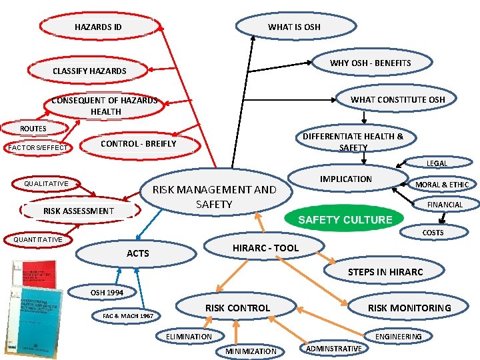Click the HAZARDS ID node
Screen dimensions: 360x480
(99, 27)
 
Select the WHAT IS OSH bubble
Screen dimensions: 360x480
(294, 27)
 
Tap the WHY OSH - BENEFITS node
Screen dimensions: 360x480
(371, 63)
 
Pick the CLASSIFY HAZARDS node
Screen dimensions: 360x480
(89, 71)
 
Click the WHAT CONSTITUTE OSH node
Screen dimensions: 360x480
(398, 99)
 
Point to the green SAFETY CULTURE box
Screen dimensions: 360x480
(345, 219)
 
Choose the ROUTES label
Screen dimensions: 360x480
(33, 129)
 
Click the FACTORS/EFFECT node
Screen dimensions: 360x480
(38, 147)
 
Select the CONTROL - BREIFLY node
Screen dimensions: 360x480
(138, 143)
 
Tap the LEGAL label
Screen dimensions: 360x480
(437, 163)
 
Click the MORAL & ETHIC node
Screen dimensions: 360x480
(442, 185)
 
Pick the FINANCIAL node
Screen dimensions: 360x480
(445, 205)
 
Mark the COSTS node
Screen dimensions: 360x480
(433, 233)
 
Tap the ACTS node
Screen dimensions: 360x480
(138, 253)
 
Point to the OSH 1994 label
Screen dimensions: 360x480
(106, 292)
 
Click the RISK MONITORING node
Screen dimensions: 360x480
(409, 307)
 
